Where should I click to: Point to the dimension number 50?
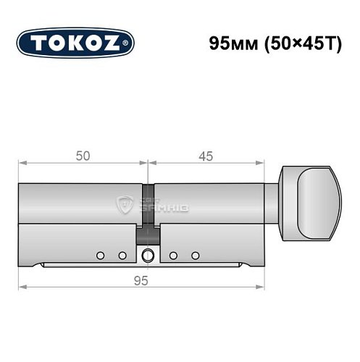pyautogui.click(x=82, y=154)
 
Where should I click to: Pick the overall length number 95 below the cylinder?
pyautogui.click(x=148, y=281)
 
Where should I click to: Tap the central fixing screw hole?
pyautogui.click(x=148, y=255)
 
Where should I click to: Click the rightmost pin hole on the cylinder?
pyautogui.click(x=196, y=255)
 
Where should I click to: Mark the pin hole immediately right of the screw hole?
pyautogui.click(x=174, y=255)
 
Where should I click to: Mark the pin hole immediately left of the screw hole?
pyautogui.click(x=122, y=255)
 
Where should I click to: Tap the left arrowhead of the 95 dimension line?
pyautogui.click(x=22, y=287)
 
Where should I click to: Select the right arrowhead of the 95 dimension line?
pyautogui.click(x=274, y=287)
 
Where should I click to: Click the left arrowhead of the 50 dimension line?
pyautogui.click(x=22, y=162)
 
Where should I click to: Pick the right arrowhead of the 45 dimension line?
pyautogui.click(x=274, y=162)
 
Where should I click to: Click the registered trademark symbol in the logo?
pyautogui.click(x=128, y=44)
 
